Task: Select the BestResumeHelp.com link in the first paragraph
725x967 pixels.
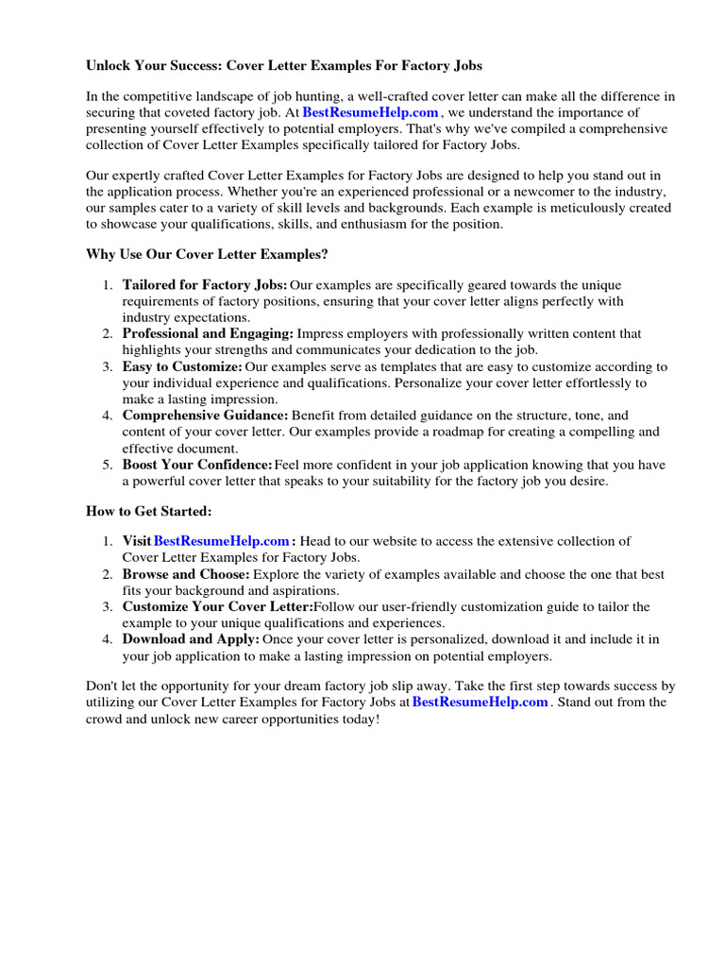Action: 370,112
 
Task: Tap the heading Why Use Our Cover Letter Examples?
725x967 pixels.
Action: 207,254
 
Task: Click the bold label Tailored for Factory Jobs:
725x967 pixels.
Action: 205,285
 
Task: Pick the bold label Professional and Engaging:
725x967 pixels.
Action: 208,333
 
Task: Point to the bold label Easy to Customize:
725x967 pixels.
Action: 182,366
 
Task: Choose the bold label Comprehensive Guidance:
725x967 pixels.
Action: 205,416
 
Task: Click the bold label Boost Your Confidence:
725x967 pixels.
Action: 197,464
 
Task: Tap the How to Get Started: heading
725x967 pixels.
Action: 149,511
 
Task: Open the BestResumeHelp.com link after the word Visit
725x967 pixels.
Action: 221,541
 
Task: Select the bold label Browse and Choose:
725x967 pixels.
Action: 186,574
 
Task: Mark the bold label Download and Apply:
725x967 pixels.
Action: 191,639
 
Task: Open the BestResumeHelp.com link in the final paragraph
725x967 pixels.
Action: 481,703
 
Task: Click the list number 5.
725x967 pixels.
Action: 107,465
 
